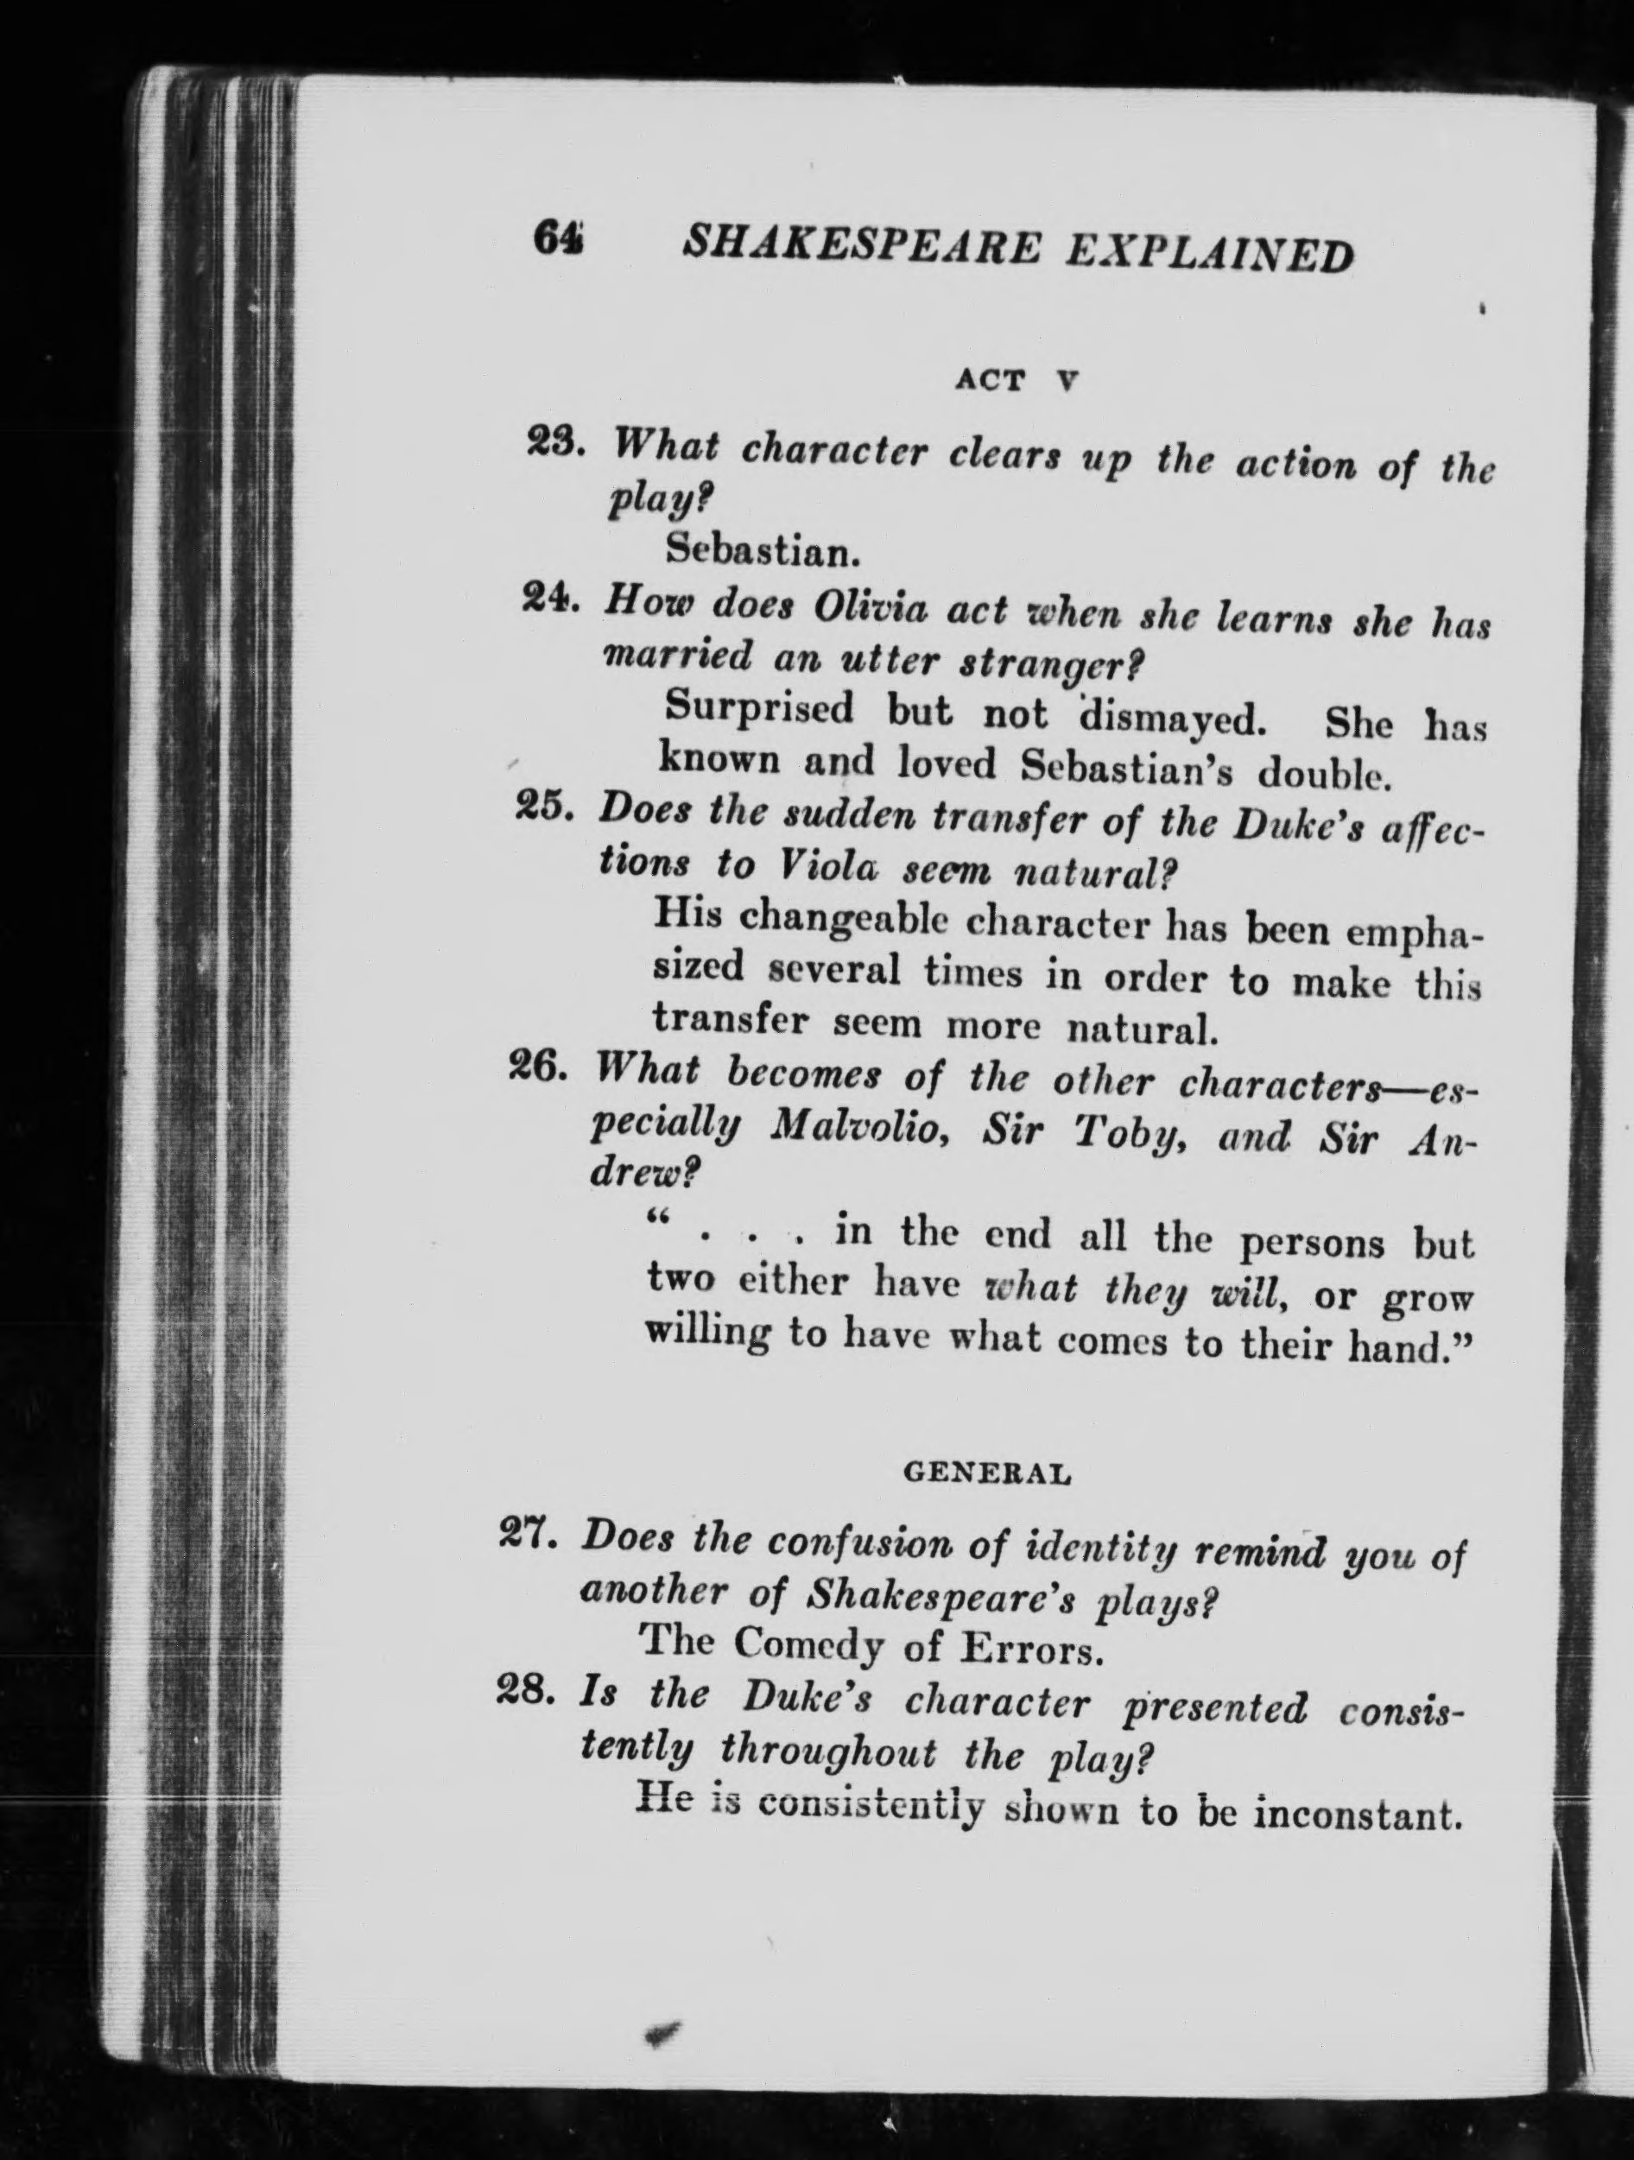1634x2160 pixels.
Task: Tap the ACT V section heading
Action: [x=1016, y=380]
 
